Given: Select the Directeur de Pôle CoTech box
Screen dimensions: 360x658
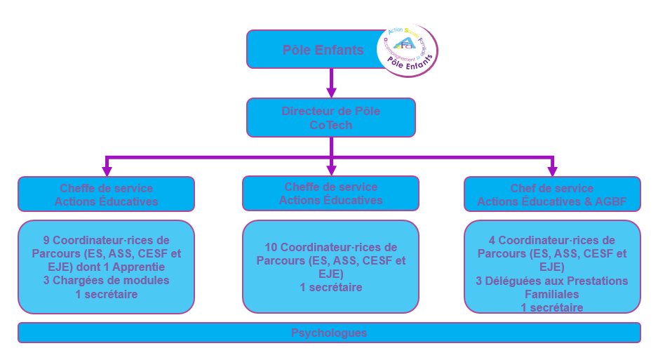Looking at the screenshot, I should (331, 117).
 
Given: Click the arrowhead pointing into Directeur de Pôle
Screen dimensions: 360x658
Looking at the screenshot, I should (332, 92).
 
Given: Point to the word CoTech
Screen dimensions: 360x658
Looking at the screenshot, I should (331, 125).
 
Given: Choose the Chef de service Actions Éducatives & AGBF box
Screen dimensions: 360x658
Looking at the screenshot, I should (552, 194).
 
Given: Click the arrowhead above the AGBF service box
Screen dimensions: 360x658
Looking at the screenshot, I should (553, 171).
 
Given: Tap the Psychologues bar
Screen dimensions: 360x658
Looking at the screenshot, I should (329, 333).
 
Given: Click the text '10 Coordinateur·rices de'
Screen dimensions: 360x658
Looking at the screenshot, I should (331, 247).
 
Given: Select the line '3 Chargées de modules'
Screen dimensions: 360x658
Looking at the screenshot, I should (107, 280).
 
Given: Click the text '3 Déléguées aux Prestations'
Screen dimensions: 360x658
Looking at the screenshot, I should (552, 281).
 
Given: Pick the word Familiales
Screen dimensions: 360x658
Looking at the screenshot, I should (552, 294).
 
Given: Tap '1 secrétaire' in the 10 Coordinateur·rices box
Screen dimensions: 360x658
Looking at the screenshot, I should (331, 287).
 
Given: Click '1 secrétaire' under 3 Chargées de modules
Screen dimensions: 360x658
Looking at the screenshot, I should (107, 294).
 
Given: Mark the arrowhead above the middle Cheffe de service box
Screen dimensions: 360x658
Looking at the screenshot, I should (332, 171).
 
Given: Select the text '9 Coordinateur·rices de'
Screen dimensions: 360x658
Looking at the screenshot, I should (107, 240).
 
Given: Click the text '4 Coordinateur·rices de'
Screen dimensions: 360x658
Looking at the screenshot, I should (552, 240).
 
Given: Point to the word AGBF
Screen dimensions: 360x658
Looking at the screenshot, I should (610, 202).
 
